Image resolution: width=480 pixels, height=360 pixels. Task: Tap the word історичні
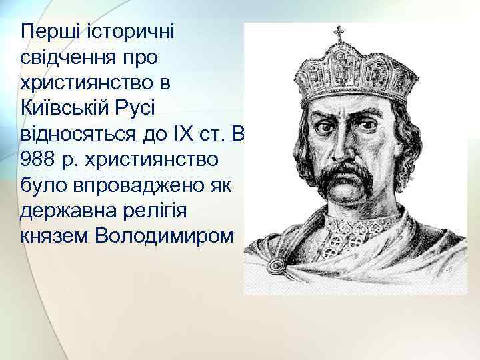pos(135,31)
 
